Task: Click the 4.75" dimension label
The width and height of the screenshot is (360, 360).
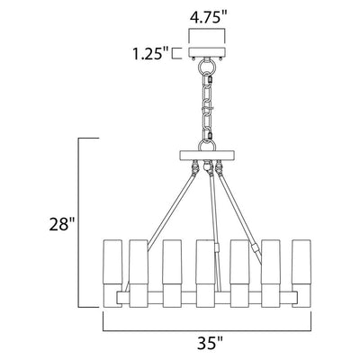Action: click(x=207, y=17)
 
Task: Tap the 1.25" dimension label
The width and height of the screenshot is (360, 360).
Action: click(x=150, y=54)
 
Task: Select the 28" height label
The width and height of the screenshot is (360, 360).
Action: click(x=62, y=224)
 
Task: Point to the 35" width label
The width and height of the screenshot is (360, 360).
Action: click(x=210, y=343)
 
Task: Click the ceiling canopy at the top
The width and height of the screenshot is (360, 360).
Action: click(x=207, y=52)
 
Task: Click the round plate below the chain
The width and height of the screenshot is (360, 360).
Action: click(x=207, y=155)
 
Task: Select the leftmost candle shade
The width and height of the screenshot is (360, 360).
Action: click(x=112, y=273)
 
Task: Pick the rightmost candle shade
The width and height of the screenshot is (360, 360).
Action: click(x=301, y=273)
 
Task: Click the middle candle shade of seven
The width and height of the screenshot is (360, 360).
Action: click(x=206, y=273)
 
